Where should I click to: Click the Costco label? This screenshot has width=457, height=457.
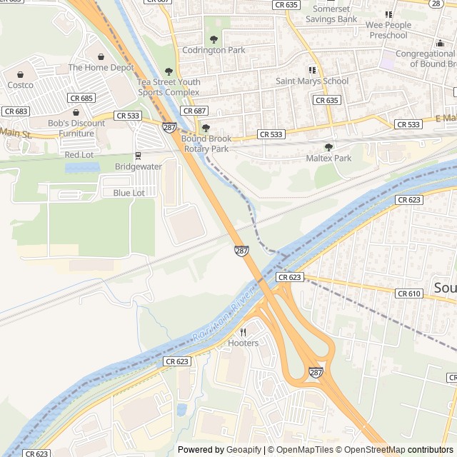coord(20,85)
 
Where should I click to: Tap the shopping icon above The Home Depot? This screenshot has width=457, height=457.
coord(101,56)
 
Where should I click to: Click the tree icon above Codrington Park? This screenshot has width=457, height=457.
coord(214,39)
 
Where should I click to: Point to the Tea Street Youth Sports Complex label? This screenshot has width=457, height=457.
coord(169,87)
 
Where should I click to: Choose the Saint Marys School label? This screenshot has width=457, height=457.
coord(312,81)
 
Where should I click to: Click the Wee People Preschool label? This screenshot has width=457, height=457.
coord(388,30)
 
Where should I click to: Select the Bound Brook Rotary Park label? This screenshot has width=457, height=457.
coord(206,144)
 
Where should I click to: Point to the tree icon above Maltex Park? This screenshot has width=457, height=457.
coord(328,146)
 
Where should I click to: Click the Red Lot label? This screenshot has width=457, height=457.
coord(79,155)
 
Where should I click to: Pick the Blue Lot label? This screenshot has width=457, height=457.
coord(129,193)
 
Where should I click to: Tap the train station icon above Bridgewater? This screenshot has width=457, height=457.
coord(138,155)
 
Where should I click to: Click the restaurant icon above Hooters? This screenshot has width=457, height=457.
coord(243,332)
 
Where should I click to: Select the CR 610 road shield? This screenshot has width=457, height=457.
coord(408,293)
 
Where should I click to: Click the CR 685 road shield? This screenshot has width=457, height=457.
coord(81,98)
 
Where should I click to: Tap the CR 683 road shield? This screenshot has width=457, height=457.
coord(15,111)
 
